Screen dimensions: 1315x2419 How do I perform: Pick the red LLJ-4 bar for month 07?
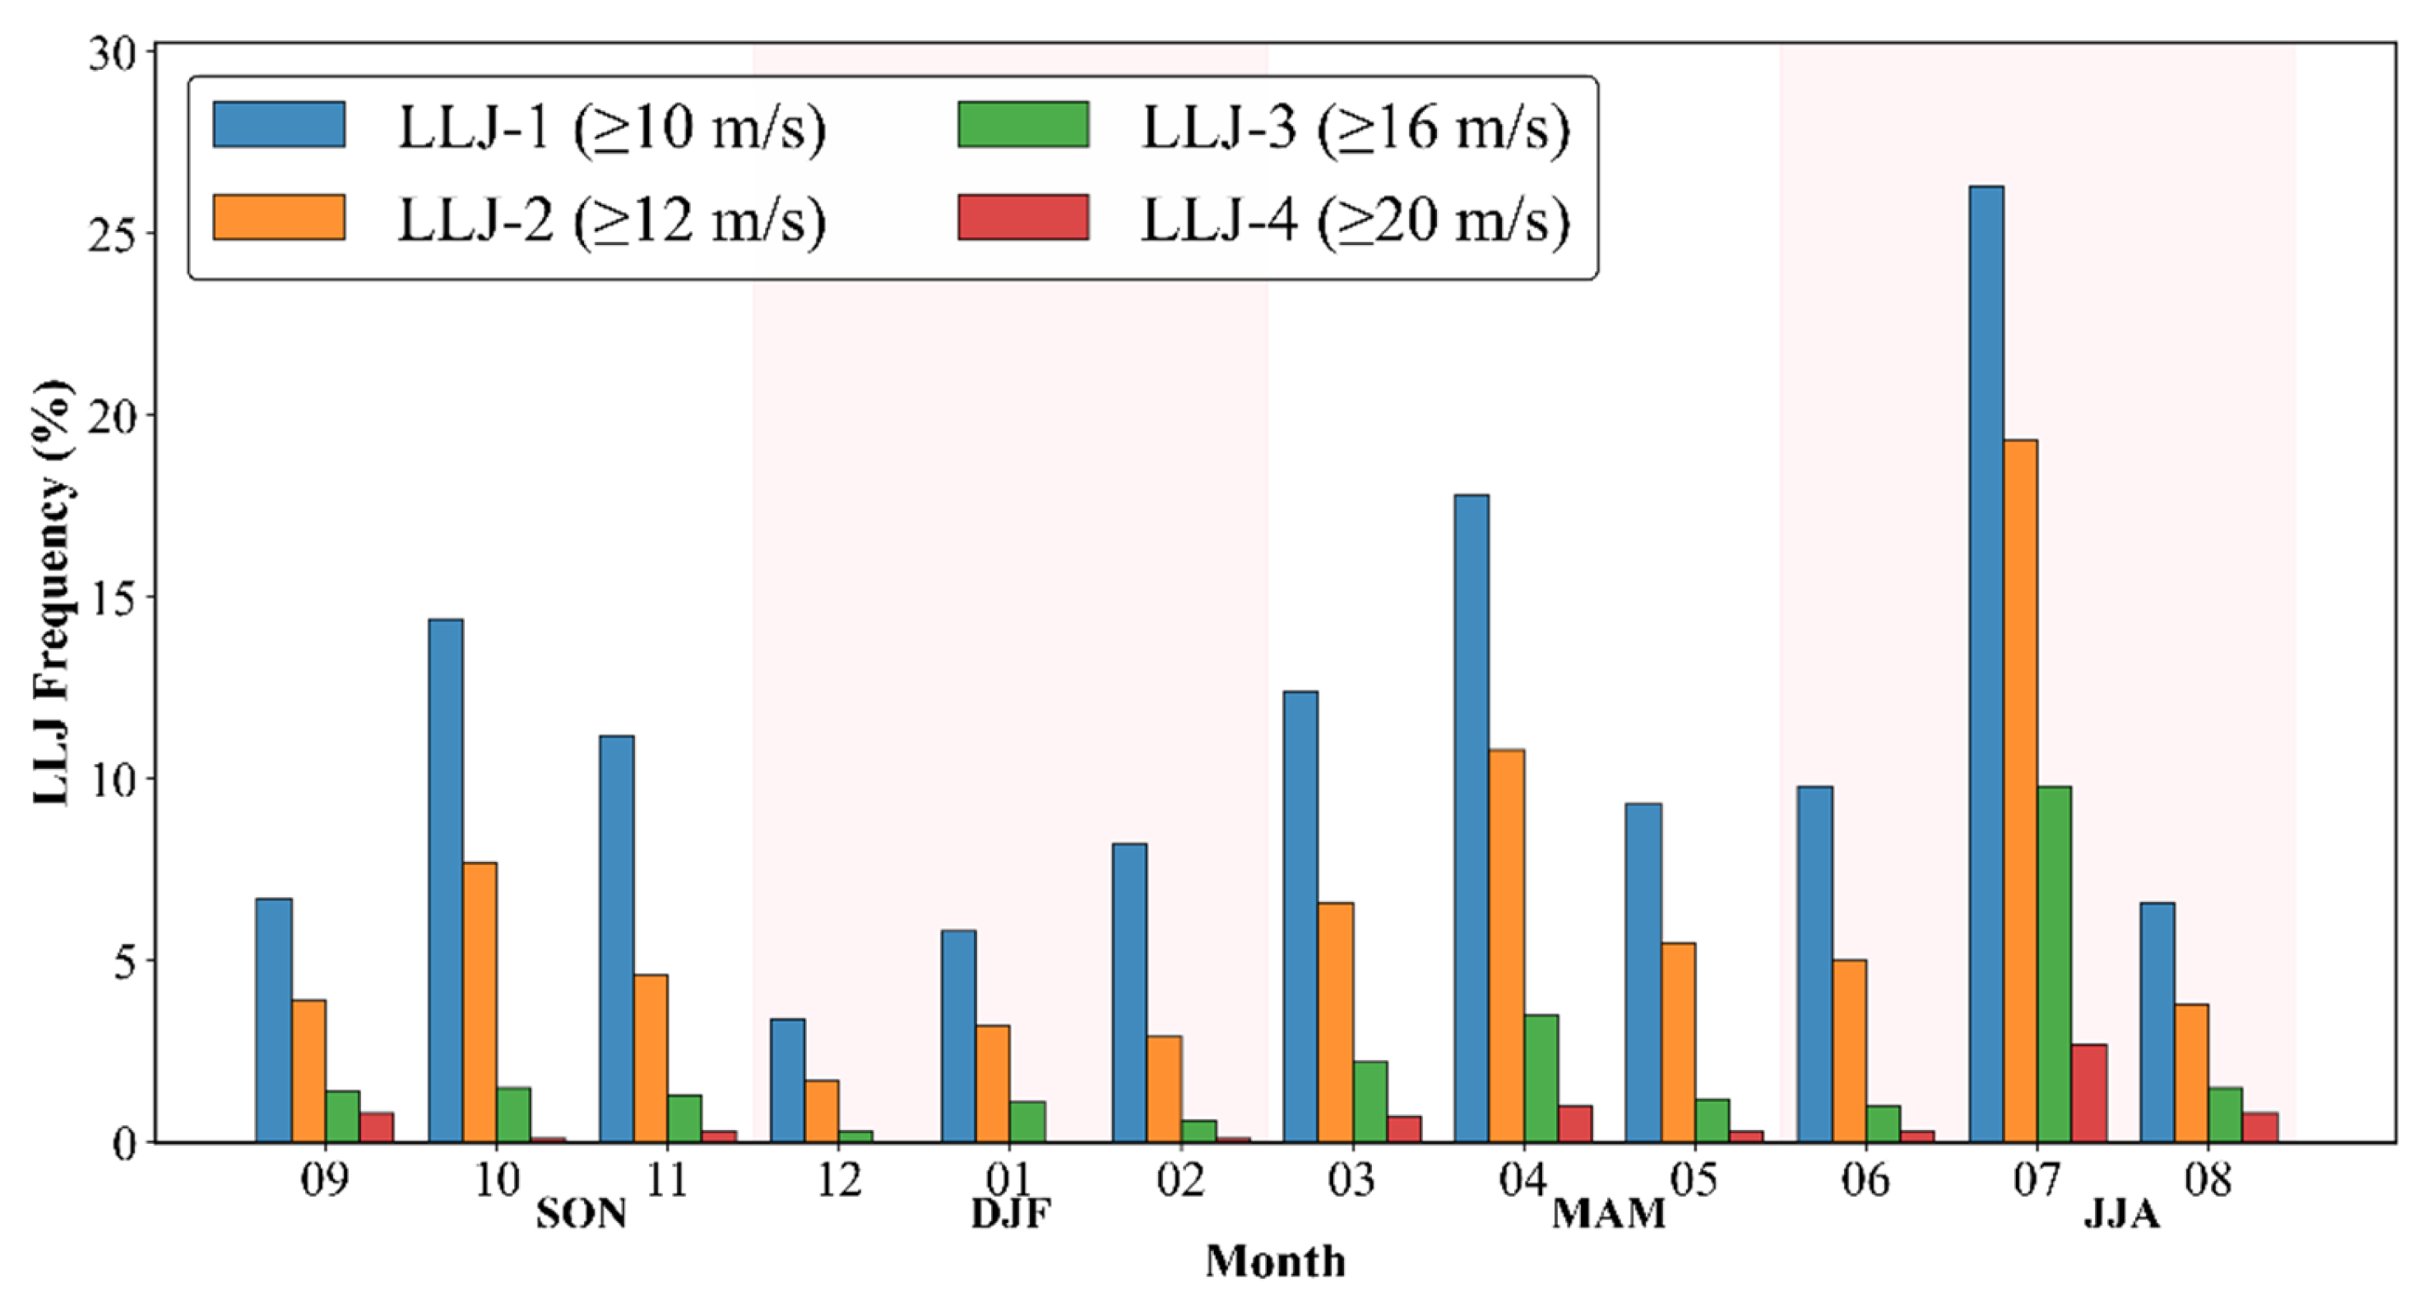(x=2088, y=1093)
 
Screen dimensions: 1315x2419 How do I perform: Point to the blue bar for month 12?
(x=787, y=1081)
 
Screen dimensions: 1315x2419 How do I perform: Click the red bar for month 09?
(x=377, y=1127)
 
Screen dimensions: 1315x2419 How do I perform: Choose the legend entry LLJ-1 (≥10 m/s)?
(x=610, y=127)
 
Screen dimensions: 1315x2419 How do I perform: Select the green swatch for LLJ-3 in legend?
(x=1022, y=125)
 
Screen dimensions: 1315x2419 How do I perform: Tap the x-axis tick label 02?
(x=1179, y=1181)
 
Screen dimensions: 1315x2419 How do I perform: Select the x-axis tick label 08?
(x=2208, y=1181)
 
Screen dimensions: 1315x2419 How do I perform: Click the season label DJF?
(x=1010, y=1215)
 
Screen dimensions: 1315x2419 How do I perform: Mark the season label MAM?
(x=1608, y=1215)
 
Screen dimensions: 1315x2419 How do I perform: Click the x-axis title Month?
(x=1274, y=1262)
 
